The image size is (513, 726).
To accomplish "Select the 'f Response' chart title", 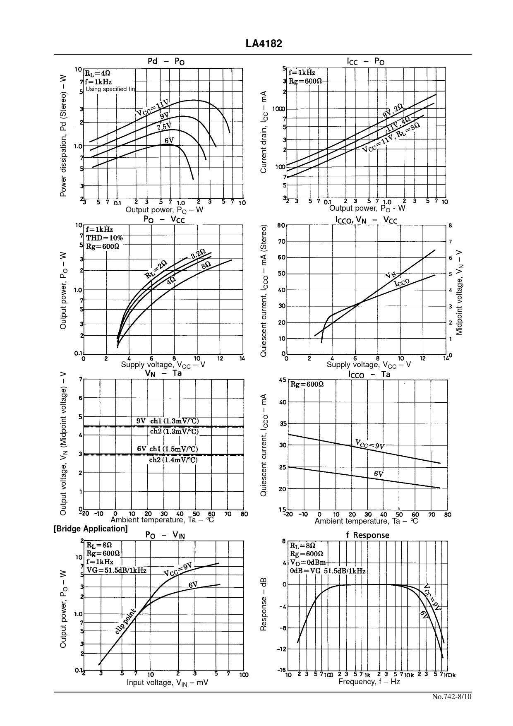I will tap(368, 535).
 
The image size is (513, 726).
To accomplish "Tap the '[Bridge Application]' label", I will tap(91, 529).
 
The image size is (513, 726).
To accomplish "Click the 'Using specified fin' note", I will tap(110, 89).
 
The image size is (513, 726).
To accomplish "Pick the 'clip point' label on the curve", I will tap(125, 621).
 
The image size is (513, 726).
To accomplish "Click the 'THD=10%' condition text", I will tap(104, 238).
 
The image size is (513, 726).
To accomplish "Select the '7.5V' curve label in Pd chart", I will tap(164, 127).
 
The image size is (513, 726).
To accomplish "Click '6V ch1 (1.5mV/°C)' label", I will tap(168, 449).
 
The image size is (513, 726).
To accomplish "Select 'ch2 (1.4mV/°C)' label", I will tap(173, 460).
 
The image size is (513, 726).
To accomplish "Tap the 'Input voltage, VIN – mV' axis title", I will tap(167, 683).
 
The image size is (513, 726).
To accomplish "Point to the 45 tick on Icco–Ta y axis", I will tap(282, 380).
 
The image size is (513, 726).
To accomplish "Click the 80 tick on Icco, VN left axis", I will tap(281, 226).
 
